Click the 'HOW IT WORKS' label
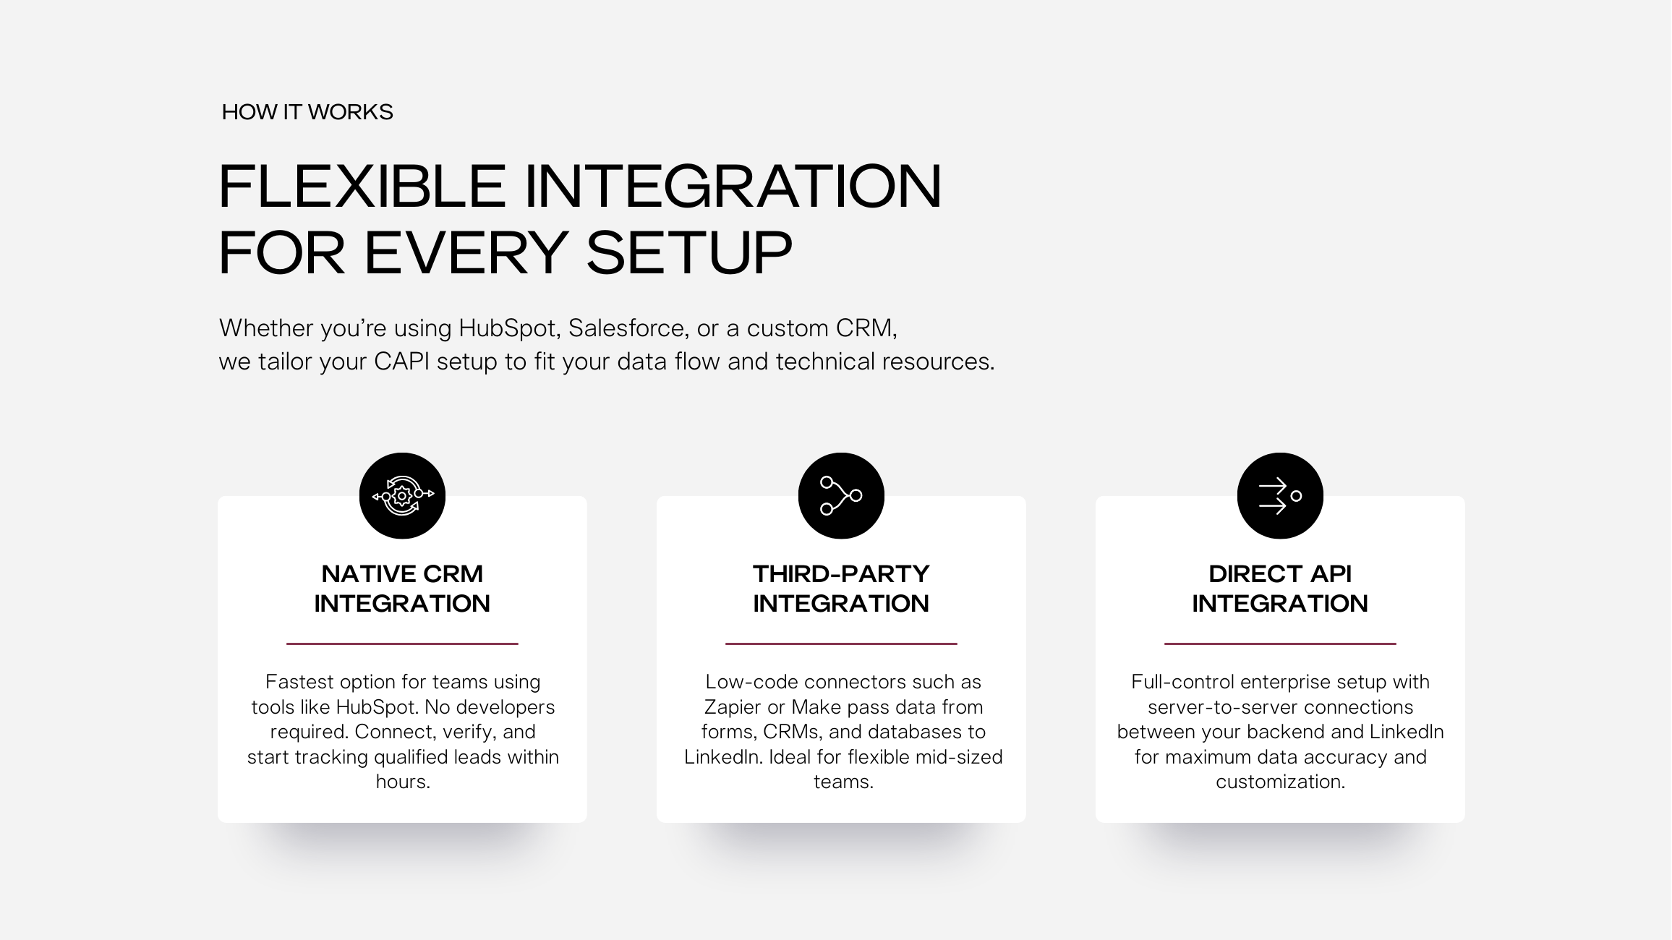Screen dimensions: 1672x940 point(307,112)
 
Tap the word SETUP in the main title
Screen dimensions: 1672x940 point(689,253)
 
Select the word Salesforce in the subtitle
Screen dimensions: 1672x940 point(626,328)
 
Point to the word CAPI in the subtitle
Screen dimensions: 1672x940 point(401,362)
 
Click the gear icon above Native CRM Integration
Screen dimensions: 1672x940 point(402,496)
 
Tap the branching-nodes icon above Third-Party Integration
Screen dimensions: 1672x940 point(841,496)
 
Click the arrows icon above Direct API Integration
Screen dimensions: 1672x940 point(1280,496)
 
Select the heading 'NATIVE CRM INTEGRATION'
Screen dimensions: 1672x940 point(402,589)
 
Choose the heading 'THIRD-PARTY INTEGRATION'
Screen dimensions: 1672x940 point(841,589)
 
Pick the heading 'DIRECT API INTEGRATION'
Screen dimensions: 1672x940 point(1280,589)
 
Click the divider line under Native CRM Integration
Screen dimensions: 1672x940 point(402,644)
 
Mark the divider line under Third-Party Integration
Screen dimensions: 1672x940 point(841,644)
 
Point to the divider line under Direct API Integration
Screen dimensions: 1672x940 point(1280,644)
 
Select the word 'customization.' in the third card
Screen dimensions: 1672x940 point(1280,782)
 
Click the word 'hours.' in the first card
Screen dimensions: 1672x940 point(403,782)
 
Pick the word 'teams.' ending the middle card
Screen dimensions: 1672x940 point(843,782)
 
